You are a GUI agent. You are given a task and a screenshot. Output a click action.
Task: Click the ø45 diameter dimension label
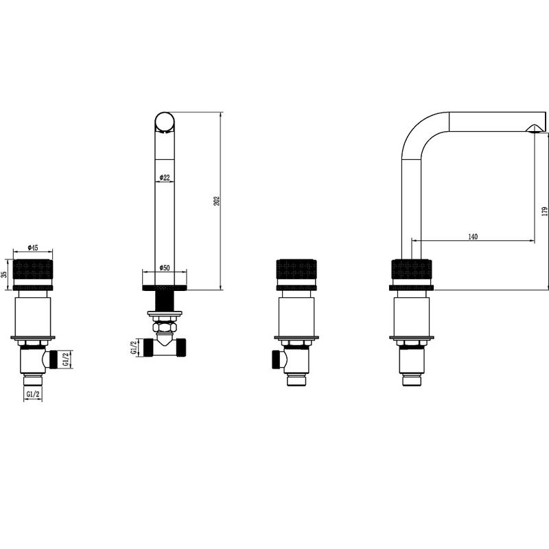click(x=32, y=248)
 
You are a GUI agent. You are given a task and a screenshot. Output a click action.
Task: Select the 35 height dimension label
click(x=4, y=274)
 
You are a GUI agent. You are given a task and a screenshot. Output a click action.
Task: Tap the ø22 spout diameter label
click(x=165, y=178)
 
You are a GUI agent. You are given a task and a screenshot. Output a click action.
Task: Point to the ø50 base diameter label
click(x=165, y=268)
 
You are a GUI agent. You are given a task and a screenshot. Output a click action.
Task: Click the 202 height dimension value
click(x=217, y=200)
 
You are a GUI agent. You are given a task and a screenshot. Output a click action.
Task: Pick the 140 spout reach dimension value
click(x=473, y=237)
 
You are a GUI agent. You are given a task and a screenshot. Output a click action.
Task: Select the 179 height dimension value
click(x=544, y=211)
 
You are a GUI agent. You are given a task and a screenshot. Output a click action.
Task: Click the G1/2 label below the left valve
click(x=33, y=395)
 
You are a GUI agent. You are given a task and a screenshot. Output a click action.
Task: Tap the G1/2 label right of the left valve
click(x=66, y=359)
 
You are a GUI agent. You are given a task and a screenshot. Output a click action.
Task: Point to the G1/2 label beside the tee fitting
click(x=133, y=347)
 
